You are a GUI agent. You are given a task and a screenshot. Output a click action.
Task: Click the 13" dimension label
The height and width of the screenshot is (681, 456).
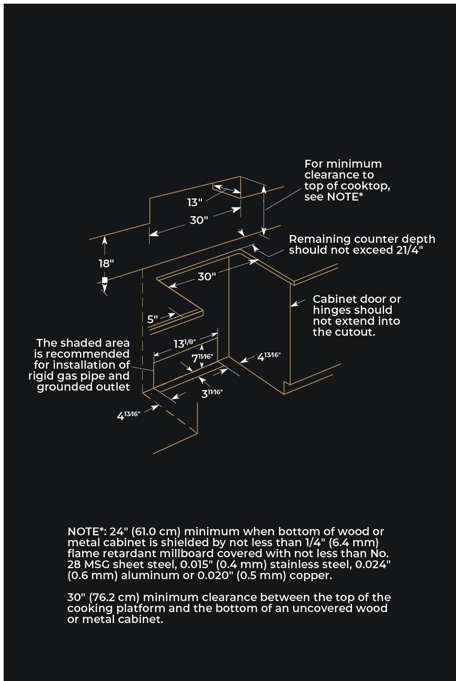click(x=195, y=202)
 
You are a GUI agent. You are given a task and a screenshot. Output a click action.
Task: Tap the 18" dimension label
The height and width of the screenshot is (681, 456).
click(x=106, y=263)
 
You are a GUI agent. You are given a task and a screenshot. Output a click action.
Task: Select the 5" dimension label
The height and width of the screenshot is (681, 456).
click(x=152, y=319)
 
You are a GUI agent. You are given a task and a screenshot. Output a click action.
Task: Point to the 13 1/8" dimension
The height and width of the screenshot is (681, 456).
click(x=185, y=344)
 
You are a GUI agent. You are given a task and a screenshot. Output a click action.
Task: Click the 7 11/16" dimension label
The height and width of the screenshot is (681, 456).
click(x=202, y=358)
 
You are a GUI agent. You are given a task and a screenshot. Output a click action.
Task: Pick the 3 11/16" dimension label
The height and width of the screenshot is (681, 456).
click(x=212, y=393)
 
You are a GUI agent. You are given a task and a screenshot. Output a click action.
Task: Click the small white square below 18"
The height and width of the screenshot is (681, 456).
click(x=105, y=280)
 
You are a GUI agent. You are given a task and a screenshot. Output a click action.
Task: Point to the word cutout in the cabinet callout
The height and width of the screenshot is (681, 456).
click(x=358, y=332)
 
